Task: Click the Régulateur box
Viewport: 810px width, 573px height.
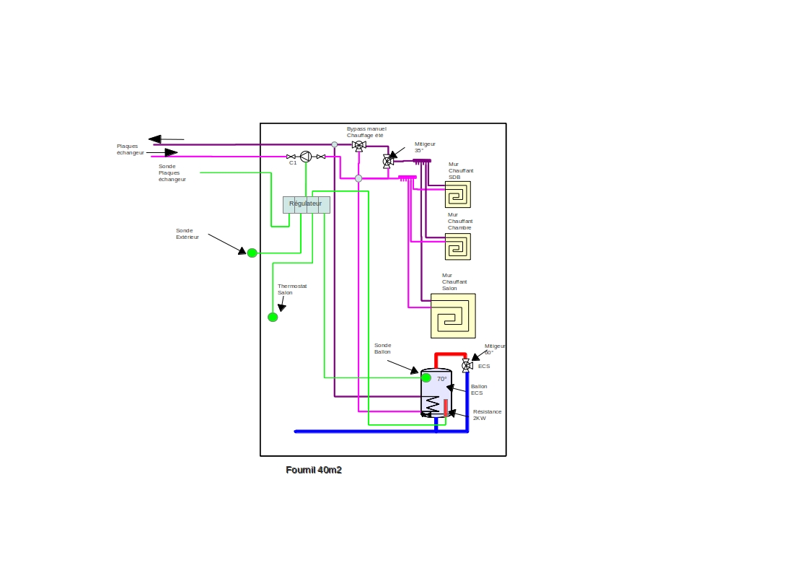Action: tap(307, 205)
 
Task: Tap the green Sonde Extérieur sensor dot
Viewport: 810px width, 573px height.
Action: tap(252, 253)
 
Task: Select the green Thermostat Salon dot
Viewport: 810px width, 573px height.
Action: tap(273, 318)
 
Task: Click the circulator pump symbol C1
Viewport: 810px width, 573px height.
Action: tap(306, 157)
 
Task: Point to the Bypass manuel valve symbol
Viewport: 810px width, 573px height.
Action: tap(359, 146)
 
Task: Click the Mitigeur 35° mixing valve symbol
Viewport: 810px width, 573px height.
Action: tap(388, 161)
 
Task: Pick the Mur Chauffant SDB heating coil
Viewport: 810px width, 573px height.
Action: tap(458, 194)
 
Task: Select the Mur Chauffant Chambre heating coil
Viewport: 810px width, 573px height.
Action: tap(458, 247)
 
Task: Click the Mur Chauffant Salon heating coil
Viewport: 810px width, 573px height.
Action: tap(453, 315)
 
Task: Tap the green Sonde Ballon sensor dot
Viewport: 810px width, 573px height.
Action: tap(426, 377)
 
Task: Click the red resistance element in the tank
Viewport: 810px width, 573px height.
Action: tap(445, 408)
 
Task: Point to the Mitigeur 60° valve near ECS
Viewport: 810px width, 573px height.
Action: tap(467, 366)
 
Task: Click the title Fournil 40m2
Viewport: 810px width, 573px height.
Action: tap(314, 470)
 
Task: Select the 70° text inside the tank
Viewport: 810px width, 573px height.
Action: tap(441, 379)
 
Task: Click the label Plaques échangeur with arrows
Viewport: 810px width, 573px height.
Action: tap(130, 149)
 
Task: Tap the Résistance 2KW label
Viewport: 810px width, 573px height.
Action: tap(487, 415)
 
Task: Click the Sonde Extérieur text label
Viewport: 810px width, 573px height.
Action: tap(187, 234)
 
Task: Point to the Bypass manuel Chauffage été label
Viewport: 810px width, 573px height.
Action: tap(366, 132)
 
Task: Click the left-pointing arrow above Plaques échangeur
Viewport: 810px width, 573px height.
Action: tap(167, 139)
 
